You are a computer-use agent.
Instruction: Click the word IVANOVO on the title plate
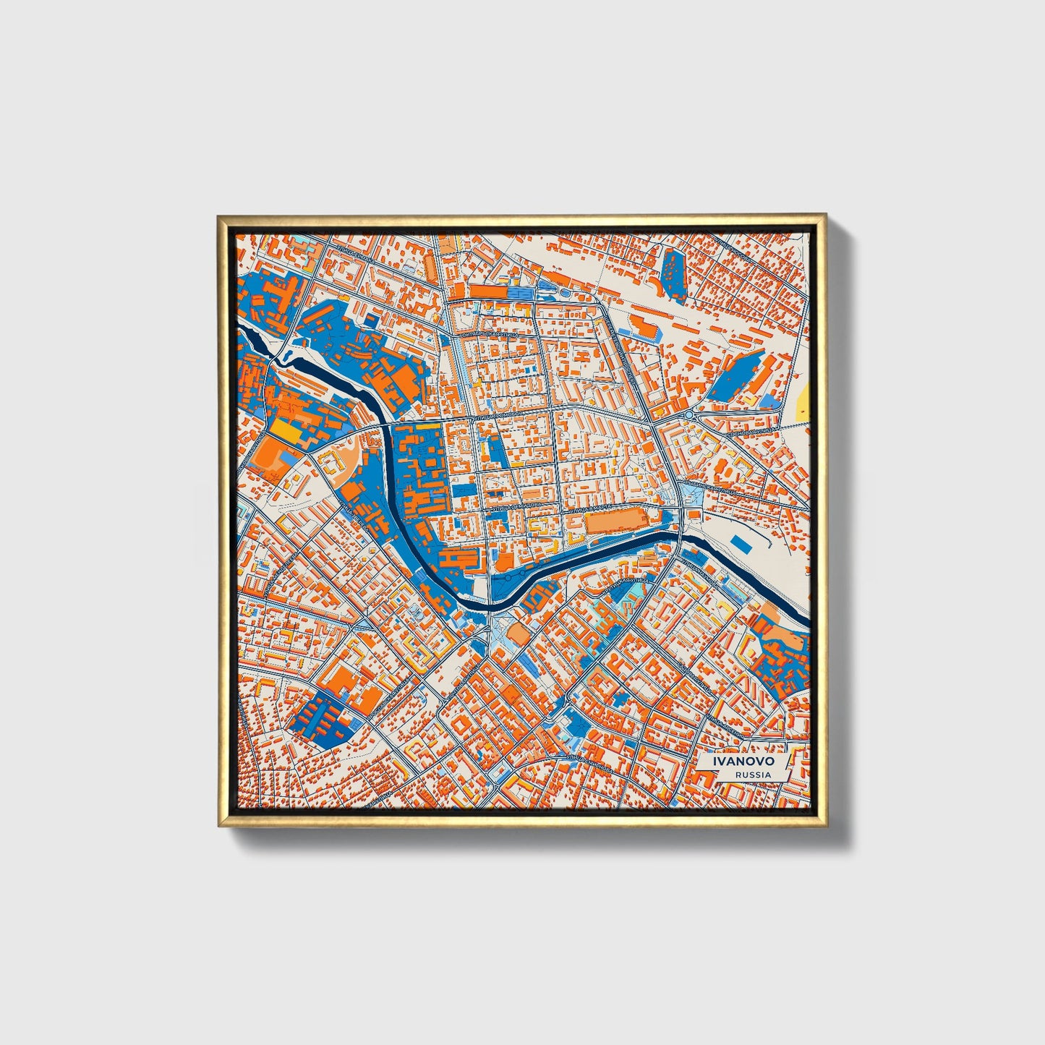[743, 762]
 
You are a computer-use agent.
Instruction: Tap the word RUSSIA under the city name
[752, 775]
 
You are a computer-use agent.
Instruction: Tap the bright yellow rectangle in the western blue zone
[284, 431]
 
